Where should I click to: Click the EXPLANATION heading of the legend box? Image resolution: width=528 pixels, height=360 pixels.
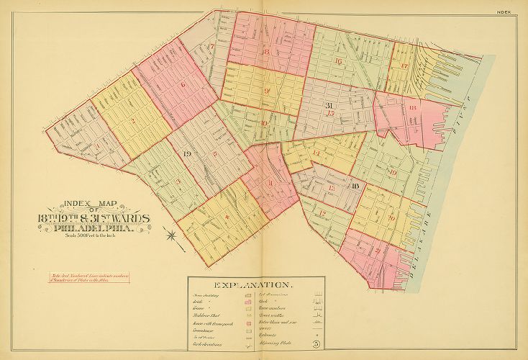click(x=256, y=284)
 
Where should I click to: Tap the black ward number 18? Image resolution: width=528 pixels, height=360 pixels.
click(x=355, y=186)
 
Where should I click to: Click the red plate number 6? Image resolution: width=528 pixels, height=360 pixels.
click(x=183, y=85)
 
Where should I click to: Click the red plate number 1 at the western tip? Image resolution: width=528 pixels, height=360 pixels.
click(x=97, y=148)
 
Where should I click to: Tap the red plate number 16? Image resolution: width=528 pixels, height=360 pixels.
click(x=337, y=62)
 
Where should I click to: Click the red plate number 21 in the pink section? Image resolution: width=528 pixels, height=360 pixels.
click(x=377, y=251)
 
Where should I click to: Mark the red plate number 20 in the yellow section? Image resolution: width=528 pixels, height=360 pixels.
click(x=391, y=217)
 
